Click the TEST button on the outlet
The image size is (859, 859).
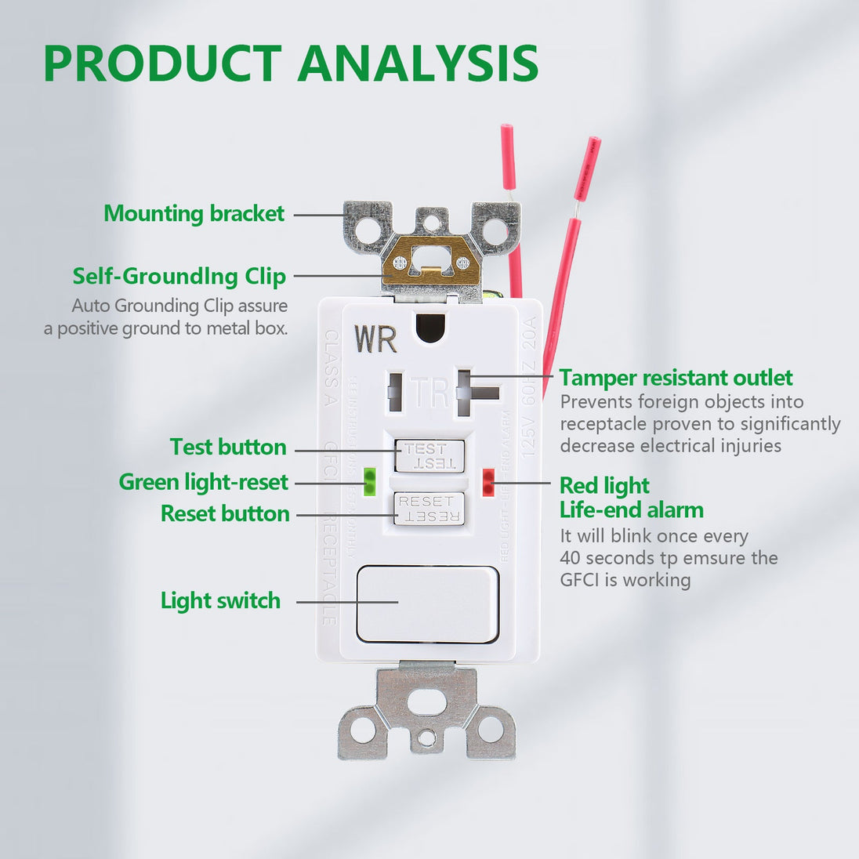click(x=429, y=455)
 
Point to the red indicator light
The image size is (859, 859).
click(x=488, y=482)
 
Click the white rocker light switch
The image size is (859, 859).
click(x=427, y=604)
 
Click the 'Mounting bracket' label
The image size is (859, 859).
click(x=194, y=213)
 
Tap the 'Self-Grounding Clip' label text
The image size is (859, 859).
click(x=179, y=276)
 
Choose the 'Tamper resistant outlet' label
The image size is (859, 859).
click(x=676, y=378)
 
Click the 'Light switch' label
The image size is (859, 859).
click(x=220, y=600)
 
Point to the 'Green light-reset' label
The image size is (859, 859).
click(x=204, y=481)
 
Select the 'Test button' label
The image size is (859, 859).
click(x=228, y=447)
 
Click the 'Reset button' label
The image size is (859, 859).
click(x=225, y=513)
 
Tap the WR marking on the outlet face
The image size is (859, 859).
click(x=375, y=339)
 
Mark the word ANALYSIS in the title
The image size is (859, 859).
click(x=418, y=63)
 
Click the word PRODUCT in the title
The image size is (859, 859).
click(x=162, y=63)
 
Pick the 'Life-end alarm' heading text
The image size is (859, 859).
click(x=631, y=509)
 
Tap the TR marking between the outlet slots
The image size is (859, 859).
click(x=430, y=392)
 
